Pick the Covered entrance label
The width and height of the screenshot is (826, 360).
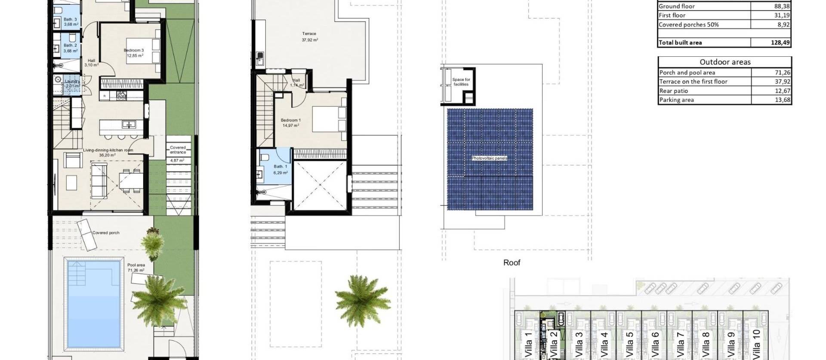(x=178, y=150)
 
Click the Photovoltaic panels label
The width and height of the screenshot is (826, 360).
(x=489, y=158)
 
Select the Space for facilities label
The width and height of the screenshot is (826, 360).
(x=461, y=82)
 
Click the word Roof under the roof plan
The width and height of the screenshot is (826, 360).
(x=512, y=263)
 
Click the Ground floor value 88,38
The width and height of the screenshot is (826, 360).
(x=781, y=6)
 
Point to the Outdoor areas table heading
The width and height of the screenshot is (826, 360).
(x=725, y=62)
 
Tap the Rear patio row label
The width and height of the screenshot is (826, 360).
(x=674, y=91)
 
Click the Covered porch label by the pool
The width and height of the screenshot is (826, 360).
(x=106, y=233)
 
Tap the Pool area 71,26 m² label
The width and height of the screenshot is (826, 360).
(x=136, y=268)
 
